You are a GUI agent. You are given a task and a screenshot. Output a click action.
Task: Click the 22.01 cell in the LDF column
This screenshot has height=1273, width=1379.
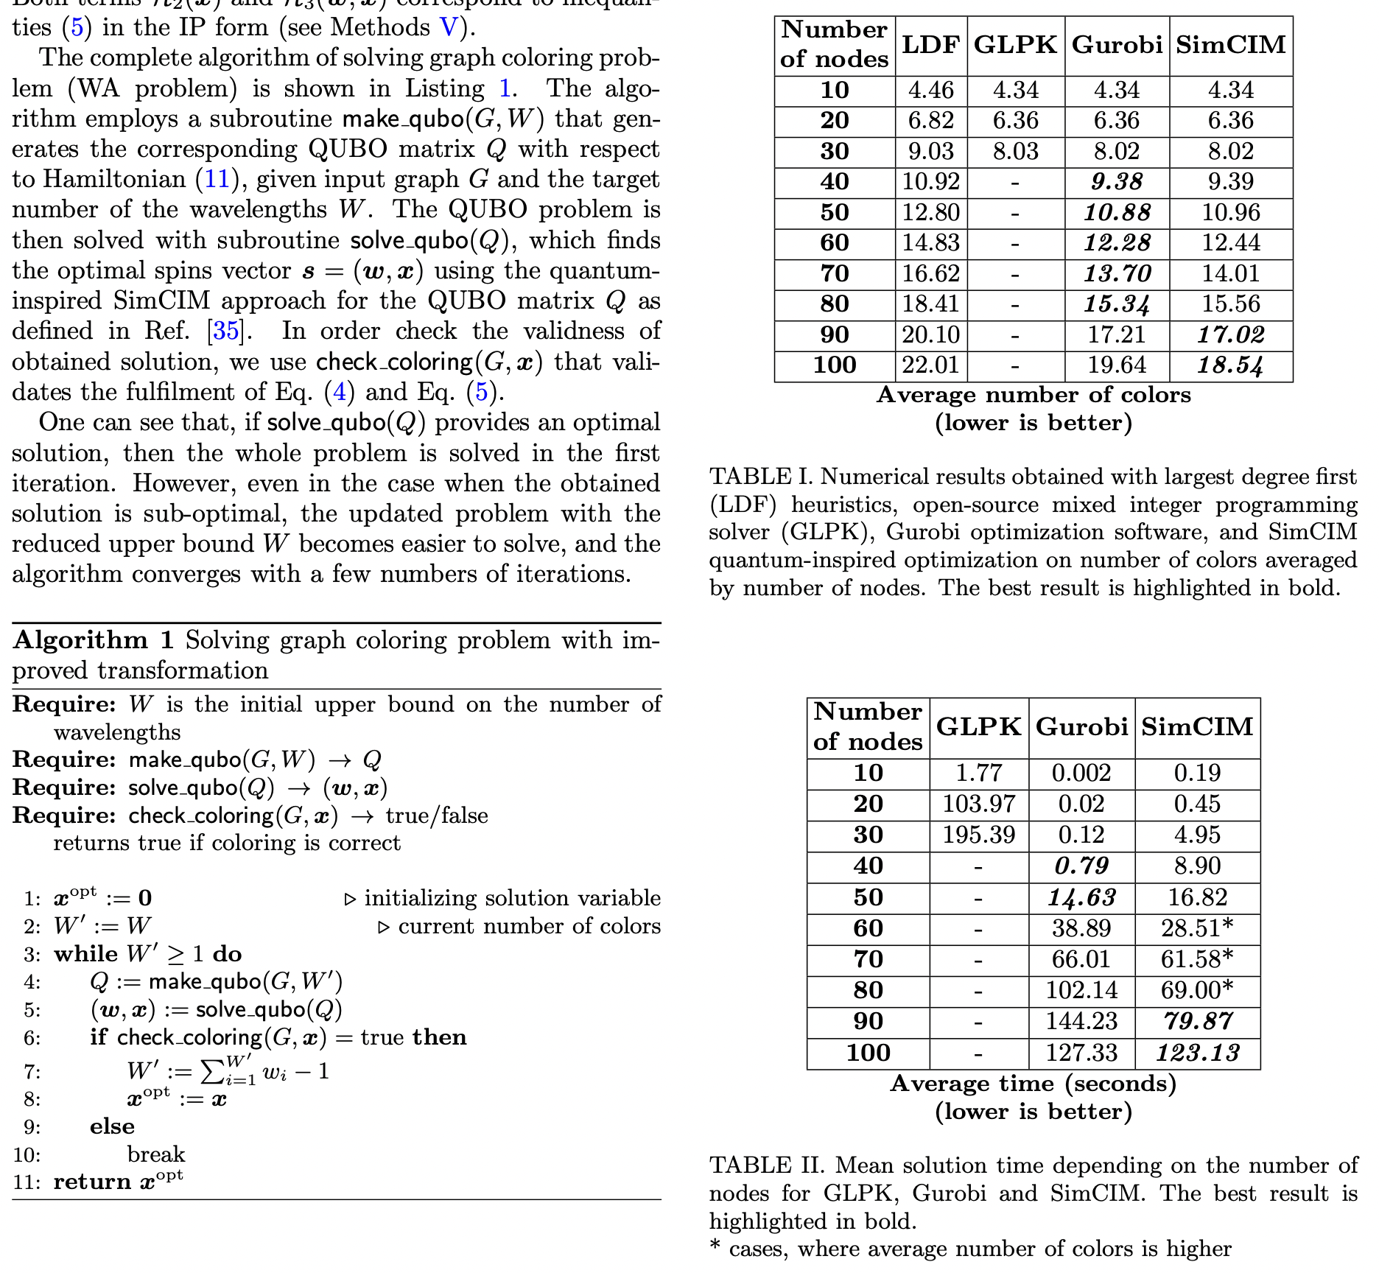tap(931, 365)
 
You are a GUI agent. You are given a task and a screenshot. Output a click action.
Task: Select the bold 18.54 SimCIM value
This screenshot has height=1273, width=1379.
tap(1230, 365)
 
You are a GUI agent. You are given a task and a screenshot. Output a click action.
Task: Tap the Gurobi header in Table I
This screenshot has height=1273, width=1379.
tap(1117, 45)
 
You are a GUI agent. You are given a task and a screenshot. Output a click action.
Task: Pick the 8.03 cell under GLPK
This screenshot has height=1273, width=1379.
tap(1015, 151)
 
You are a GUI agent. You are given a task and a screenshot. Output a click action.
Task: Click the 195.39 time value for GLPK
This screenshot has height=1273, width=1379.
tap(979, 835)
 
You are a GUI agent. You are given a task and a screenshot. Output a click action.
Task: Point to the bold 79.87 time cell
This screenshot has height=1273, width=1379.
tap(1198, 1021)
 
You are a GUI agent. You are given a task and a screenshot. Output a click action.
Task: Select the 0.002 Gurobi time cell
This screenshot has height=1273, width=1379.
tap(1081, 773)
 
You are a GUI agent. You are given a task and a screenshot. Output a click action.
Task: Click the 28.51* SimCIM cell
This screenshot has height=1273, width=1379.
tap(1198, 928)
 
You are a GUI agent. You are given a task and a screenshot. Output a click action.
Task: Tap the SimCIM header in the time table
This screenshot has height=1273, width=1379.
tap(1198, 727)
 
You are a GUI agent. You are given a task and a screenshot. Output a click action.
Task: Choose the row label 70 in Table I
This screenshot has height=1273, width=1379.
tap(835, 273)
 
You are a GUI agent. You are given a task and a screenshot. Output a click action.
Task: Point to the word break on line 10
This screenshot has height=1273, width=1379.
tap(156, 1154)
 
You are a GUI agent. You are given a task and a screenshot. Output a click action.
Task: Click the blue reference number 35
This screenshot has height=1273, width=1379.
tap(225, 331)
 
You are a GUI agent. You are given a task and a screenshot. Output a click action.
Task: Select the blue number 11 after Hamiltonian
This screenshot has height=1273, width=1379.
tap(217, 179)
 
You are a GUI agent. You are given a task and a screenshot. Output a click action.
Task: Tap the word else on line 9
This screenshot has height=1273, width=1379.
tap(113, 1126)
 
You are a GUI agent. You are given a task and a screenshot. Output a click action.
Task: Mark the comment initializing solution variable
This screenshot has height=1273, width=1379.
tap(512, 898)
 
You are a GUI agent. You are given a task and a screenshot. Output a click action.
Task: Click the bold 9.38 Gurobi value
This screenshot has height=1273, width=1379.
tap(1117, 181)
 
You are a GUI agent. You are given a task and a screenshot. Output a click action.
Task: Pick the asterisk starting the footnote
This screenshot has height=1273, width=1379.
tap(715, 1248)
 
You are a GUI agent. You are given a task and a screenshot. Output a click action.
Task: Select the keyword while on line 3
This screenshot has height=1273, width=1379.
tap(85, 954)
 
